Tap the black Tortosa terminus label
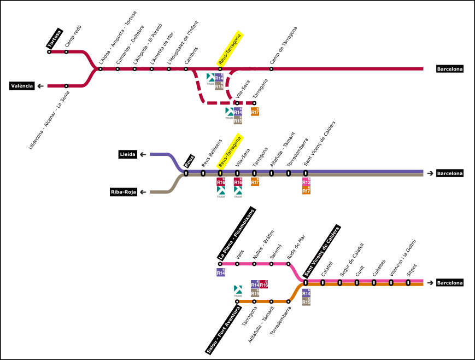(54, 39)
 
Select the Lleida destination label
(128, 155)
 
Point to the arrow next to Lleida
(143, 155)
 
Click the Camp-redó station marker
(66, 52)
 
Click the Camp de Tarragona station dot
(271, 69)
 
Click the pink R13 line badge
(306, 182)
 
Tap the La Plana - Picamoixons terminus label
(236, 234)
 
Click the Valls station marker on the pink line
(237, 264)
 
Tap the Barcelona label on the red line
(450, 69)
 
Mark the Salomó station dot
(271, 264)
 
